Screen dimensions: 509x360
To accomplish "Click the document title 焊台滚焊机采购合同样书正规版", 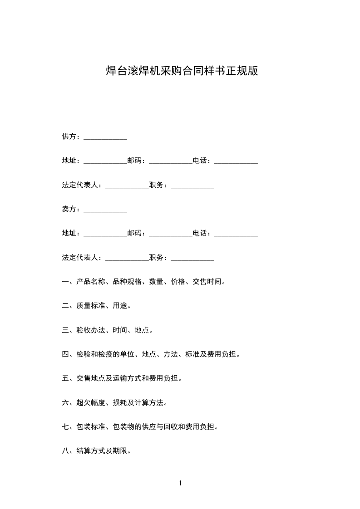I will (182, 71).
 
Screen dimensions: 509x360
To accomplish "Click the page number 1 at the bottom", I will (180, 483).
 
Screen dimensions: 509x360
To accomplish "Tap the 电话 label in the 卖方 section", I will (200, 233).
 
